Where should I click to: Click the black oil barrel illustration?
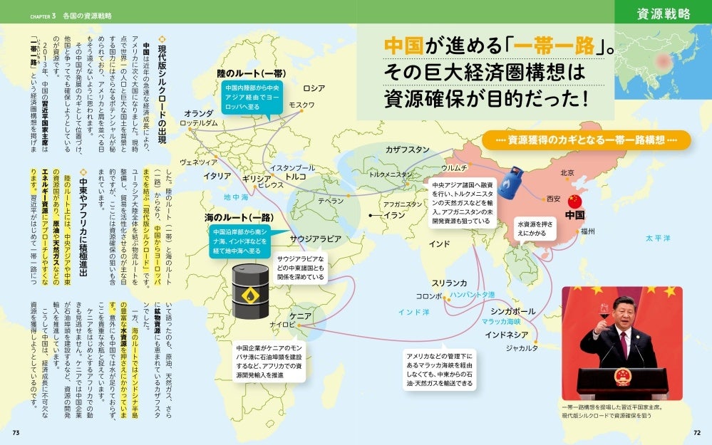pyautogui.click(x=250, y=290)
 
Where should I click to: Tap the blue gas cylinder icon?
pyautogui.click(x=510, y=183)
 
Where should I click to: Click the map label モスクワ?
pyautogui.click(x=301, y=105)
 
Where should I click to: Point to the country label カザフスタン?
pyautogui.click(x=407, y=150)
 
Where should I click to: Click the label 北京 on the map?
pyautogui.click(x=567, y=173)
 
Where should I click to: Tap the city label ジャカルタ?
pyautogui.click(x=522, y=348)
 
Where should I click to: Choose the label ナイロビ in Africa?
pyautogui.click(x=282, y=325)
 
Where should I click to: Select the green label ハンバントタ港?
pyautogui.click(x=472, y=294)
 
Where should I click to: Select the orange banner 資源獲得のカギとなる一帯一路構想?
pyautogui.click(x=585, y=140)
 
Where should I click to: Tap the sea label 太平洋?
pyautogui.click(x=659, y=238)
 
